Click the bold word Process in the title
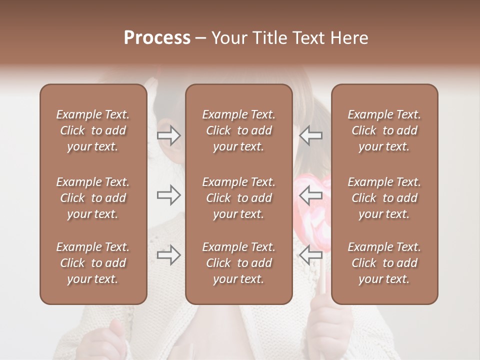tap(157, 38)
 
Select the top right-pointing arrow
tap(168, 135)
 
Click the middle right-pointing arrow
tap(168, 195)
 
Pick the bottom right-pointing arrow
tap(168, 255)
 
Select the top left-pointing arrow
tap(311, 135)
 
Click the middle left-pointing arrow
tap(311, 195)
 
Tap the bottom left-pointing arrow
tap(311, 255)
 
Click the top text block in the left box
tap(93, 130)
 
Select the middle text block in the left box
tap(93, 198)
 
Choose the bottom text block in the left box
tap(93, 263)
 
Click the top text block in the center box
tap(238, 130)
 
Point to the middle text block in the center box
tap(238, 198)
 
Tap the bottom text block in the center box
tap(238, 263)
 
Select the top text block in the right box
tap(384, 130)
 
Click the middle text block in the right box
tap(384, 198)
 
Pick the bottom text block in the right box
tap(384, 263)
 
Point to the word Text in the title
tap(307, 38)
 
